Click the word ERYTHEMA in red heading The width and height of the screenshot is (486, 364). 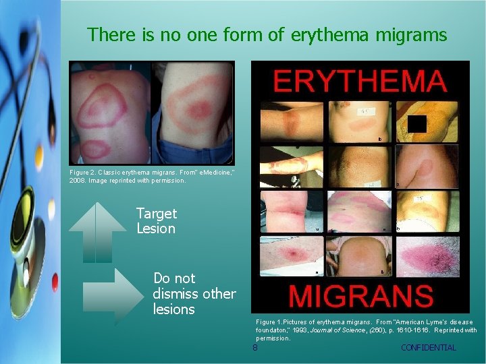point(360,82)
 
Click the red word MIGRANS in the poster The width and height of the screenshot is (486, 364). point(360,296)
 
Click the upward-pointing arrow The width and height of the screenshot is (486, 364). point(97,231)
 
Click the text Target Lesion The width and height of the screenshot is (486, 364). point(156,221)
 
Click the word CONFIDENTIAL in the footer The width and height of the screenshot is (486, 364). point(428,348)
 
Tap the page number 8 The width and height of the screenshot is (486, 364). point(254,348)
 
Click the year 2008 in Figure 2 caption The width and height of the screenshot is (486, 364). point(78,181)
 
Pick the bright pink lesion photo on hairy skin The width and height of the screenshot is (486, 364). point(431,256)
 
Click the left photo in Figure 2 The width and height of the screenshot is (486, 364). point(110,113)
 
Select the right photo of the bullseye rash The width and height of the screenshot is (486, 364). point(192,113)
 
